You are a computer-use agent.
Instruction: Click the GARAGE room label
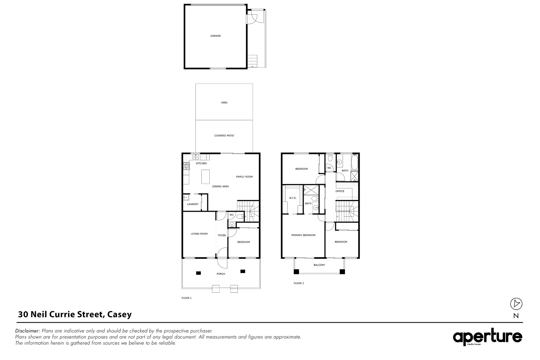pyautogui.click(x=215, y=36)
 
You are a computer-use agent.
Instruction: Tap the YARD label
pyautogui.click(x=224, y=103)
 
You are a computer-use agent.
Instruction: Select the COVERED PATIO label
pyautogui.click(x=224, y=136)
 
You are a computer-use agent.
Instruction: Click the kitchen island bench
pyautogui.click(x=206, y=176)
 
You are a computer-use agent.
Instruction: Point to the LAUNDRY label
pyautogui.click(x=193, y=204)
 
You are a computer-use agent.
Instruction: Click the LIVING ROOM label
pyautogui.click(x=199, y=234)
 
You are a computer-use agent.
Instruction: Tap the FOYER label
pyautogui.click(x=222, y=235)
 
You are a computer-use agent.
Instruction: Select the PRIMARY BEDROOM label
pyautogui.click(x=303, y=235)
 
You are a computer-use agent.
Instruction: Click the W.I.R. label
pyautogui.click(x=293, y=198)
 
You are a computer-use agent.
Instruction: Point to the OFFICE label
pyautogui.click(x=340, y=191)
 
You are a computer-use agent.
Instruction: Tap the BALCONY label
pyautogui.click(x=319, y=265)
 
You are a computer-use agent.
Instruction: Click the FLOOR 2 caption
pyautogui.click(x=298, y=283)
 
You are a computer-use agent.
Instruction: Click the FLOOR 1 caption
pyautogui.click(x=186, y=298)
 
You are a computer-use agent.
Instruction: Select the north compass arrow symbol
pyautogui.click(x=516, y=304)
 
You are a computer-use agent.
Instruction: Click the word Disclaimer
pyautogui.click(x=28, y=331)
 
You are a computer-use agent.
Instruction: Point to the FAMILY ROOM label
pyautogui.click(x=244, y=177)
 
